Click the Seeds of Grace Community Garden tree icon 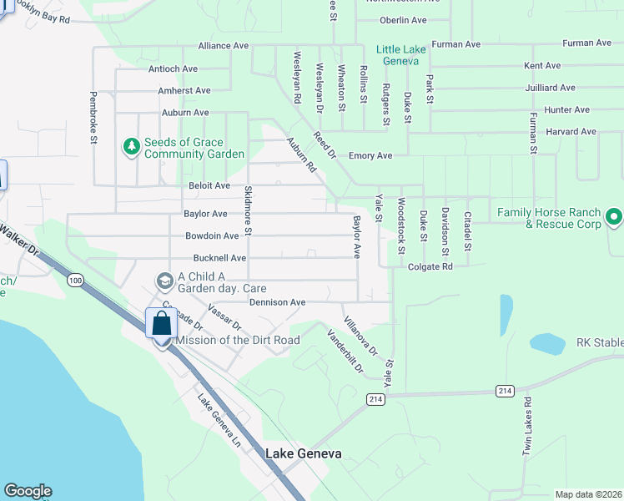(131, 148)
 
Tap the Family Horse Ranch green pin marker (614, 218)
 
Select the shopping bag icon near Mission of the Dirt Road (160, 323)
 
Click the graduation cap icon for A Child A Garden (164, 278)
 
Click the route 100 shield (76, 280)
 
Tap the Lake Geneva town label (304, 454)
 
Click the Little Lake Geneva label (401, 55)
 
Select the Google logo (28, 491)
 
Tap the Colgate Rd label (430, 267)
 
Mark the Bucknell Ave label (219, 259)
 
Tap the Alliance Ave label (224, 46)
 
